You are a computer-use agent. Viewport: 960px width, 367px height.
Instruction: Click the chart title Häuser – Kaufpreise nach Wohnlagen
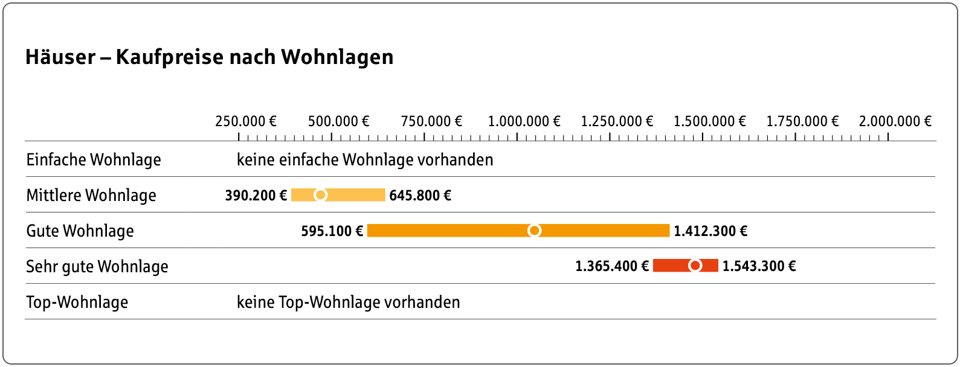tap(209, 57)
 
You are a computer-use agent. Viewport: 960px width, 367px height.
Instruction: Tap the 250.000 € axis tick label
tap(245, 121)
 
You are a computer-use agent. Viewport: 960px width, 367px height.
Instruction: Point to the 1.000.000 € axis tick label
tap(524, 121)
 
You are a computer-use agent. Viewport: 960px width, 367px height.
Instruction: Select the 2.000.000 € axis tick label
tap(895, 121)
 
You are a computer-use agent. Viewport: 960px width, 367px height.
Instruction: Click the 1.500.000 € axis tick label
tap(709, 121)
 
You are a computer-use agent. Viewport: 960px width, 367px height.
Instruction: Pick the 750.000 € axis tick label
tap(431, 121)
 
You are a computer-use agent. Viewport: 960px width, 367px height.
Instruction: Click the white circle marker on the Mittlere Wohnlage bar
tap(321, 195)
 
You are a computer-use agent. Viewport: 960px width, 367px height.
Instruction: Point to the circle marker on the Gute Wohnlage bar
tap(534, 231)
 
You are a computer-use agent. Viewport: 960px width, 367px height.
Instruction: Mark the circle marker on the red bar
tap(695, 266)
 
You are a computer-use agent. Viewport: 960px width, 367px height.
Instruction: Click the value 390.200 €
tap(256, 196)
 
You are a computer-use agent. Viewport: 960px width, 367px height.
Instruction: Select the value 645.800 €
tap(420, 196)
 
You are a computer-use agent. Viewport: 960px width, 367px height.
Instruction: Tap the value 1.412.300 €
tap(710, 231)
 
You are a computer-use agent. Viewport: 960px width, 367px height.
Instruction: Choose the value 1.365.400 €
tap(611, 266)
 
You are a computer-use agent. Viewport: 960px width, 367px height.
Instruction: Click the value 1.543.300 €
tap(759, 266)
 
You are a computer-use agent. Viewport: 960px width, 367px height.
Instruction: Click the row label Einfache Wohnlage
tap(94, 160)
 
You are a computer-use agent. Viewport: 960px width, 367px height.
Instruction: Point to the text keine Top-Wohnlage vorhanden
tap(348, 302)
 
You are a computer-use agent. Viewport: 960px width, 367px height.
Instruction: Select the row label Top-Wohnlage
tap(77, 302)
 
